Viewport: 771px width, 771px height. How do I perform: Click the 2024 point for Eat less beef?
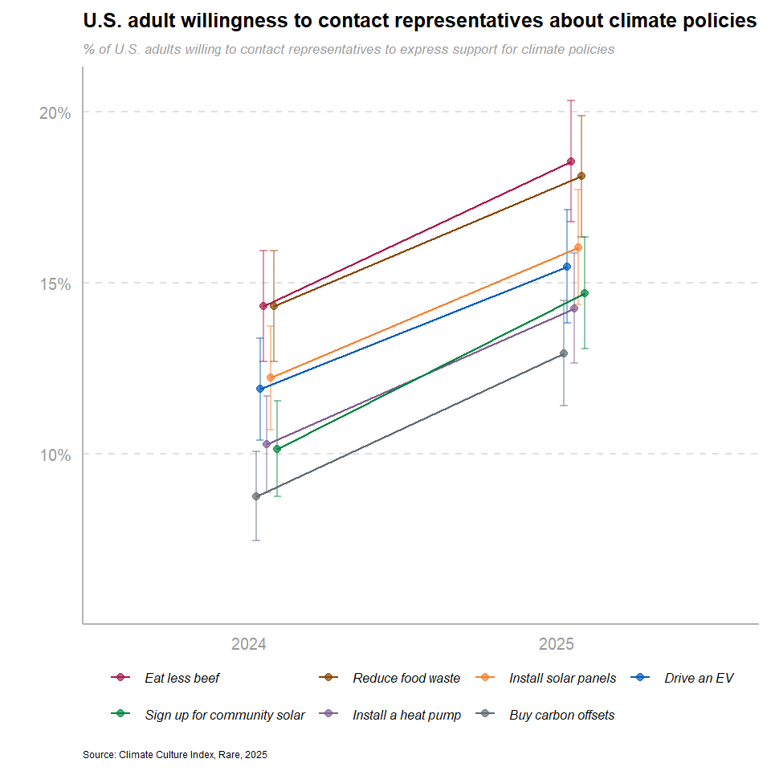click(263, 306)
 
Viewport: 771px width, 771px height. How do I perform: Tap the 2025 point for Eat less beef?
click(571, 161)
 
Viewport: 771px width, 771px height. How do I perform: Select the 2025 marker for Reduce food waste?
click(581, 176)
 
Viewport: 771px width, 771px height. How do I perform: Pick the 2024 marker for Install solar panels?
click(271, 377)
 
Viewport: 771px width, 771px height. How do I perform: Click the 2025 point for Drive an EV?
click(567, 267)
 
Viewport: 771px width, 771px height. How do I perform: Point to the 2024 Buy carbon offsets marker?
click(256, 496)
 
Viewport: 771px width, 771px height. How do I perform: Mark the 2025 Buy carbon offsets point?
click(564, 353)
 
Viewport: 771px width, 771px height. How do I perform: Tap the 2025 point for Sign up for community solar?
click(585, 293)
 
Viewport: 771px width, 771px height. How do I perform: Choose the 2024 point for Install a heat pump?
click(267, 444)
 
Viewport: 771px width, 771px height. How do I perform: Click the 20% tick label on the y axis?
click(55, 112)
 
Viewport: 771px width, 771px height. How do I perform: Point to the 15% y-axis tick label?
click(55, 284)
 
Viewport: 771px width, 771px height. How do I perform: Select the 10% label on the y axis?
click(55, 455)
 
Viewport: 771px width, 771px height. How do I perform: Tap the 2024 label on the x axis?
click(249, 644)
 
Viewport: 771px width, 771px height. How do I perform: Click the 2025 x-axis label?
click(556, 644)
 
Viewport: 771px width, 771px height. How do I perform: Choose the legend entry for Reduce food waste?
click(406, 679)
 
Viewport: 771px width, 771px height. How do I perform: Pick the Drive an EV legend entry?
click(698, 679)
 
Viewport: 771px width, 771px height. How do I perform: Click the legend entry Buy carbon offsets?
click(561, 716)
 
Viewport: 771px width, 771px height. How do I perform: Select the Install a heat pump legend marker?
click(328, 714)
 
